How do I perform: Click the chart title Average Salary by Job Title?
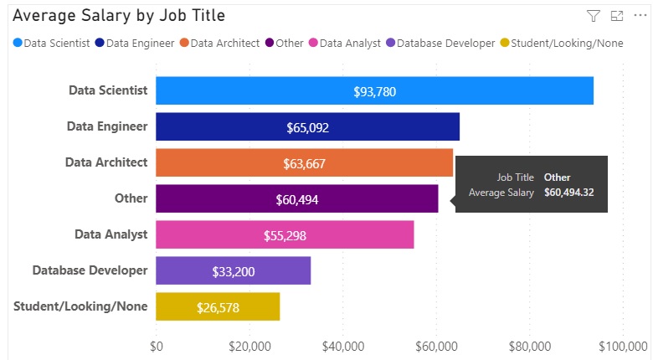pyautogui.click(x=118, y=16)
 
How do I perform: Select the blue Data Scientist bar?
pyautogui.click(x=374, y=91)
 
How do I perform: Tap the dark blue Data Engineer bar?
pyautogui.click(x=307, y=127)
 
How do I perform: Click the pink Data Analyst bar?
pyautogui.click(x=285, y=235)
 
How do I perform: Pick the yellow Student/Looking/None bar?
pyautogui.click(x=218, y=307)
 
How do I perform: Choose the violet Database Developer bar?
pyautogui.click(x=233, y=271)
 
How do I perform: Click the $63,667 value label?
pyautogui.click(x=304, y=163)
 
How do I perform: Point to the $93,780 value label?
pyautogui.click(x=374, y=91)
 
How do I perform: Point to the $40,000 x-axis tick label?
pyautogui.click(x=342, y=345)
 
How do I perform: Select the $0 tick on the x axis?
pyautogui.click(x=157, y=345)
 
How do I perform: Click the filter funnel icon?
pyautogui.click(x=594, y=16)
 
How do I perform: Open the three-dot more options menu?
pyautogui.click(x=640, y=16)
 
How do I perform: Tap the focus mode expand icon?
pyautogui.click(x=617, y=16)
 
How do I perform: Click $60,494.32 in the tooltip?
pyautogui.click(x=569, y=193)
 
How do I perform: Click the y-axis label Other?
pyautogui.click(x=131, y=198)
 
